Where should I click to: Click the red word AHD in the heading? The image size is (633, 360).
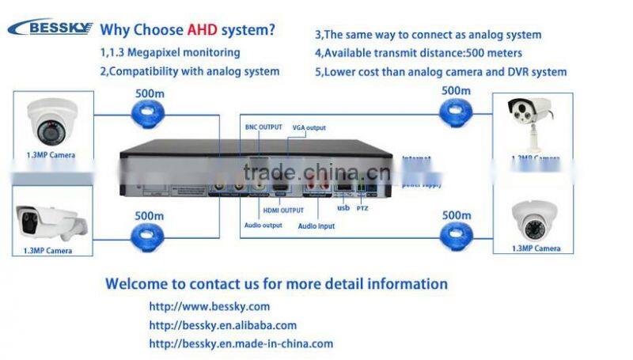point(204,30)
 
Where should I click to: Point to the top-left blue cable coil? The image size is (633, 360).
point(148,116)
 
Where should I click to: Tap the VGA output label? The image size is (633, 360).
point(309,127)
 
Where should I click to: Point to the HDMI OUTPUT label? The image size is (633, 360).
point(282,210)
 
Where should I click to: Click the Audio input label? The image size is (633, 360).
point(316,225)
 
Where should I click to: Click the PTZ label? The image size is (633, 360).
point(362,209)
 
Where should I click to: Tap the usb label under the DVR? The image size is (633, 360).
point(343,209)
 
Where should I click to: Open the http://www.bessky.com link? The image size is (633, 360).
point(210,306)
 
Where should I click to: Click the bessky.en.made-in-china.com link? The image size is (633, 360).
point(241,343)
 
